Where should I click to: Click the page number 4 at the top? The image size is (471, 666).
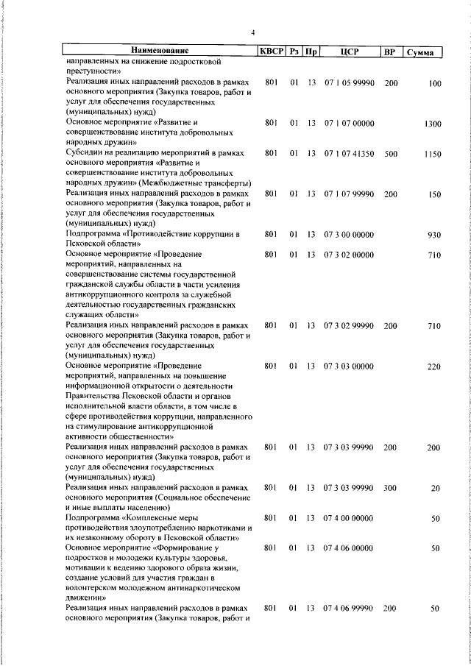252,32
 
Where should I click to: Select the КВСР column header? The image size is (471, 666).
269,52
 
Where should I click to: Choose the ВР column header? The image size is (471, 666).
390,52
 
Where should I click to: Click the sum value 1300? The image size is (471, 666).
433,124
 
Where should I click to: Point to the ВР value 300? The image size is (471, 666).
390,488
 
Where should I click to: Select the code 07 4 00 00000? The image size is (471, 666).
350,518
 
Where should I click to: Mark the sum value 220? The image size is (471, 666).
434,366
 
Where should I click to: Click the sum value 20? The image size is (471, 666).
436,488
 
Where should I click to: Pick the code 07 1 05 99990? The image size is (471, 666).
350,82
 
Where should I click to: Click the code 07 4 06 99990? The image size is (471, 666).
350,609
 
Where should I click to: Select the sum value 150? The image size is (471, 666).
434,194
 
